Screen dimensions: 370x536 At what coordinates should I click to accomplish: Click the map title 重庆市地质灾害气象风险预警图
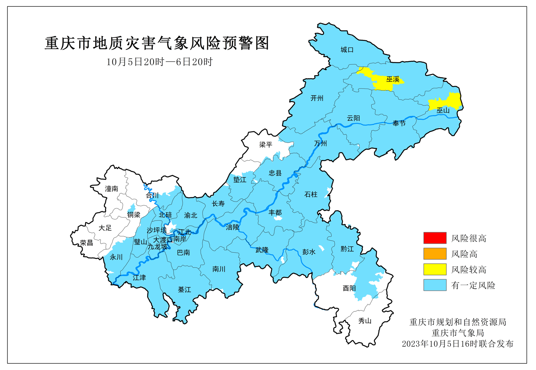pos(157,43)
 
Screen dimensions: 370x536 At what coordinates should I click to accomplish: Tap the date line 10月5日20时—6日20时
pos(159,62)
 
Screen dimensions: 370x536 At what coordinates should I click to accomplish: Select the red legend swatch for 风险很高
pos(435,238)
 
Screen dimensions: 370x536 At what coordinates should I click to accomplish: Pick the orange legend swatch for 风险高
pos(435,254)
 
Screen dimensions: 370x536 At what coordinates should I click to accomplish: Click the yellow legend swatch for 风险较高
pos(435,269)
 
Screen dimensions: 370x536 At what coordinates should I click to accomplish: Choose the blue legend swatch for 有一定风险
pos(435,285)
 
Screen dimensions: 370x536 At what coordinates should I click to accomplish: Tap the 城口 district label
pos(347,50)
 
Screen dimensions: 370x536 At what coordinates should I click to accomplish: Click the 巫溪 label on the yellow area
pos(393,79)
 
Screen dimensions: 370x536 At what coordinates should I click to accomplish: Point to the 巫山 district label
pos(443,110)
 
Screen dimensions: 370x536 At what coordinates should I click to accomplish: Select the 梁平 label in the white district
pos(266,145)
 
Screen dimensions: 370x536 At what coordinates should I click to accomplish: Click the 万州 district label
pos(320,144)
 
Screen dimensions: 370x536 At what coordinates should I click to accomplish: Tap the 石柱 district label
pos(311,194)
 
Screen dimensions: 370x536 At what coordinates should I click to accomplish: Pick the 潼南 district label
pos(111,189)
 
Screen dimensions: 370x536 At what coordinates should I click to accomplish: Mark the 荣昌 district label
pos(86,243)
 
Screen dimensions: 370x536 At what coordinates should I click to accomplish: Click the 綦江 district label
pos(184,290)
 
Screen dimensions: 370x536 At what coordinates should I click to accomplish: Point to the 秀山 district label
pos(365,321)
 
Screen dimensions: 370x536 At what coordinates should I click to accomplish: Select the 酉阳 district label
pos(349,288)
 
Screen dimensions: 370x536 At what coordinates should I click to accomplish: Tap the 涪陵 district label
pos(232,227)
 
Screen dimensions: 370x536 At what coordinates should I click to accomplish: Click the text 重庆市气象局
pos(458,333)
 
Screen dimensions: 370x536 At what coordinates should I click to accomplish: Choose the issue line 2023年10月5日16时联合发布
pos(458,344)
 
